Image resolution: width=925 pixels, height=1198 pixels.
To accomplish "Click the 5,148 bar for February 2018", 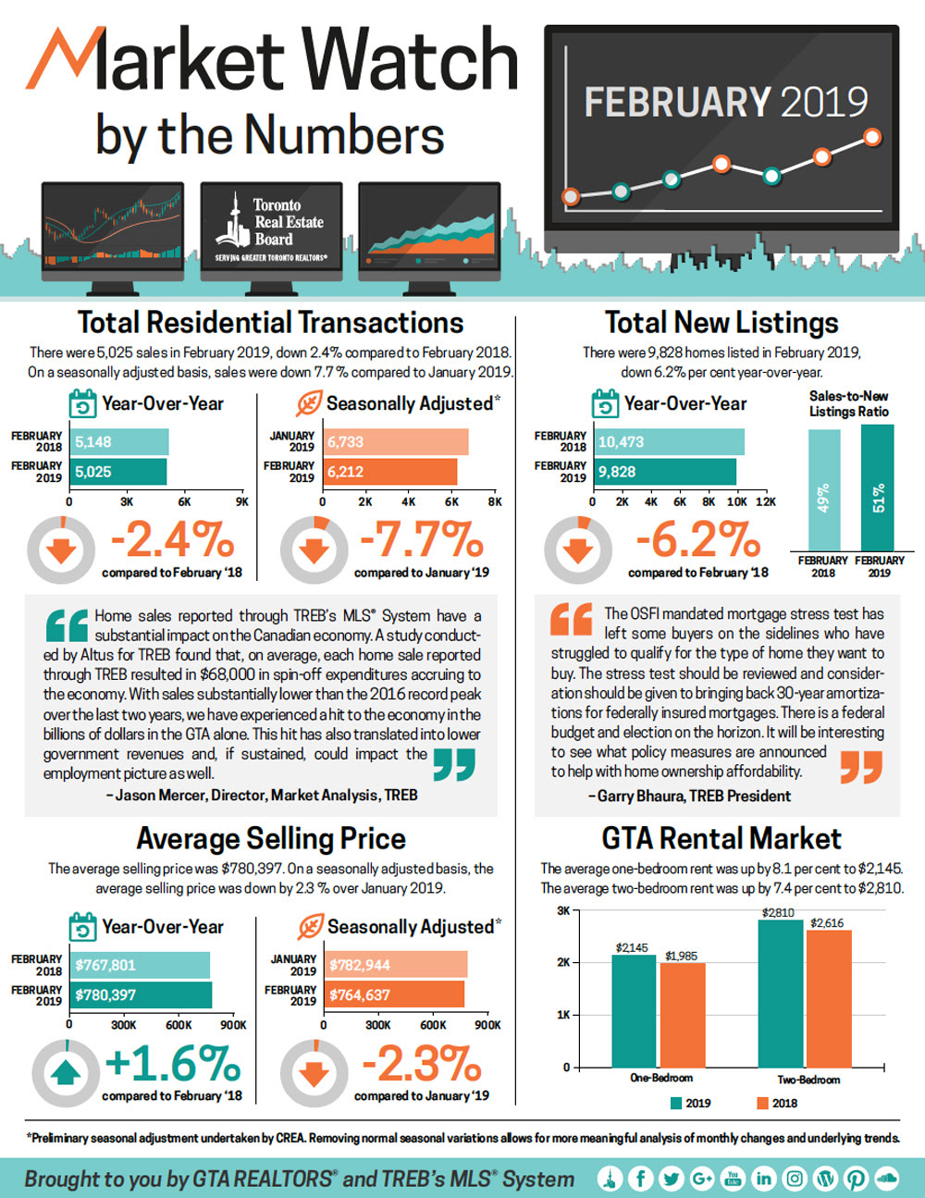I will (119, 442).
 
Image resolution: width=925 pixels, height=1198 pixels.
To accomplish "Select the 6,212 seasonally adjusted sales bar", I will (389, 472).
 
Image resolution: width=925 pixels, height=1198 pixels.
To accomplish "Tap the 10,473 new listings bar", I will (668, 442).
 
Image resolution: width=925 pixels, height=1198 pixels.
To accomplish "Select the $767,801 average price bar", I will (141, 965).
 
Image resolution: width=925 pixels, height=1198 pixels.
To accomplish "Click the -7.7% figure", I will (421, 539).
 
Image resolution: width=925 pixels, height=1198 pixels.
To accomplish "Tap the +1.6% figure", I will (173, 1063).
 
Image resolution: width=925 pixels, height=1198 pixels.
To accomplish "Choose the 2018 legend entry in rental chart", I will (776, 1103).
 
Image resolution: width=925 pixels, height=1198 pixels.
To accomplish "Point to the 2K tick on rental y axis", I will (562, 963).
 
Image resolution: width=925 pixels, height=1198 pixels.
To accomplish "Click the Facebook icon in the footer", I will (640, 1178).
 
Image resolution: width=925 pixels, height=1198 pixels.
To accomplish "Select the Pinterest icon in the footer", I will (856, 1178).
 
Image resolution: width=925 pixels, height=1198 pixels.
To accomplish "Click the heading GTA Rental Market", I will (721, 839).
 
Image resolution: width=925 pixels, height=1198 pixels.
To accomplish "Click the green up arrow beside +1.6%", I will (66, 1073).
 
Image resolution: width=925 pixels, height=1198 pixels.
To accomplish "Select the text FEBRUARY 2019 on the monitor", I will (725, 102).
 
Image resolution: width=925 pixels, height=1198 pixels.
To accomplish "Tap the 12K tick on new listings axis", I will (765, 501).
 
